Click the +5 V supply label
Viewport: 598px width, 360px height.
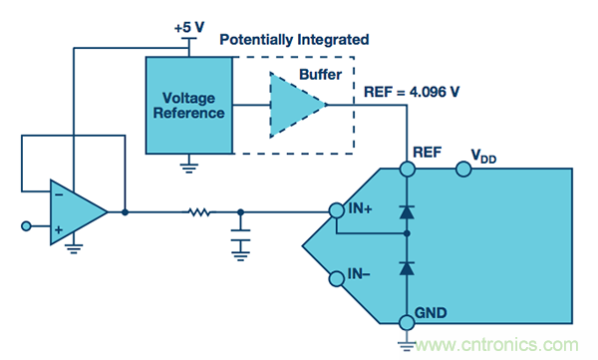(x=189, y=28)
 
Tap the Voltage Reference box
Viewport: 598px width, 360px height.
(x=189, y=106)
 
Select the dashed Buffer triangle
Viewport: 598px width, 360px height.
(x=297, y=105)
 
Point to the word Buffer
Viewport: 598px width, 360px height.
(x=320, y=75)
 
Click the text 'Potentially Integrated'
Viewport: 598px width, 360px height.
(x=294, y=39)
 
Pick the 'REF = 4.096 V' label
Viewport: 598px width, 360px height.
(x=412, y=92)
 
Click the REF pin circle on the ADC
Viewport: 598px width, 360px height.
(x=408, y=169)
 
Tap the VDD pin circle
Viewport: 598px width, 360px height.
(x=463, y=169)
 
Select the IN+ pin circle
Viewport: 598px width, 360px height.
(x=337, y=210)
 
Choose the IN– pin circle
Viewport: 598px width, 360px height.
(x=337, y=278)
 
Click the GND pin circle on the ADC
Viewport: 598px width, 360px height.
(x=407, y=323)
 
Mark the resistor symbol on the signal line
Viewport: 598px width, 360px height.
(x=199, y=211)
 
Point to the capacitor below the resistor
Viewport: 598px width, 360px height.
(x=240, y=235)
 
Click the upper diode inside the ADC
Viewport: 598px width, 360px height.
(x=407, y=211)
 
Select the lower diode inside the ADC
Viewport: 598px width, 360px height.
(x=407, y=268)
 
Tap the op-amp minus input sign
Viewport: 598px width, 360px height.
(x=59, y=194)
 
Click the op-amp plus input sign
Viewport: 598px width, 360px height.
(x=59, y=229)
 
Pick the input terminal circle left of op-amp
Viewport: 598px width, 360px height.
(x=26, y=226)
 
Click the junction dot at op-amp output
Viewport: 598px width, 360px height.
(x=125, y=211)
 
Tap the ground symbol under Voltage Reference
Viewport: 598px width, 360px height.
(x=189, y=168)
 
